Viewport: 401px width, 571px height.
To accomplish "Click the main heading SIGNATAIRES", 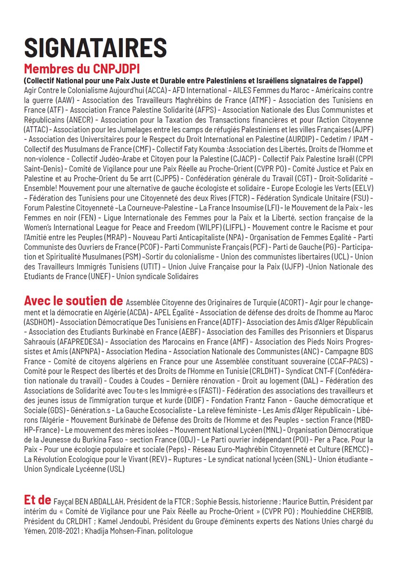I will [x=95, y=48].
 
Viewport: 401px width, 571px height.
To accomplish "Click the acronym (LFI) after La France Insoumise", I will [x=273, y=209].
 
